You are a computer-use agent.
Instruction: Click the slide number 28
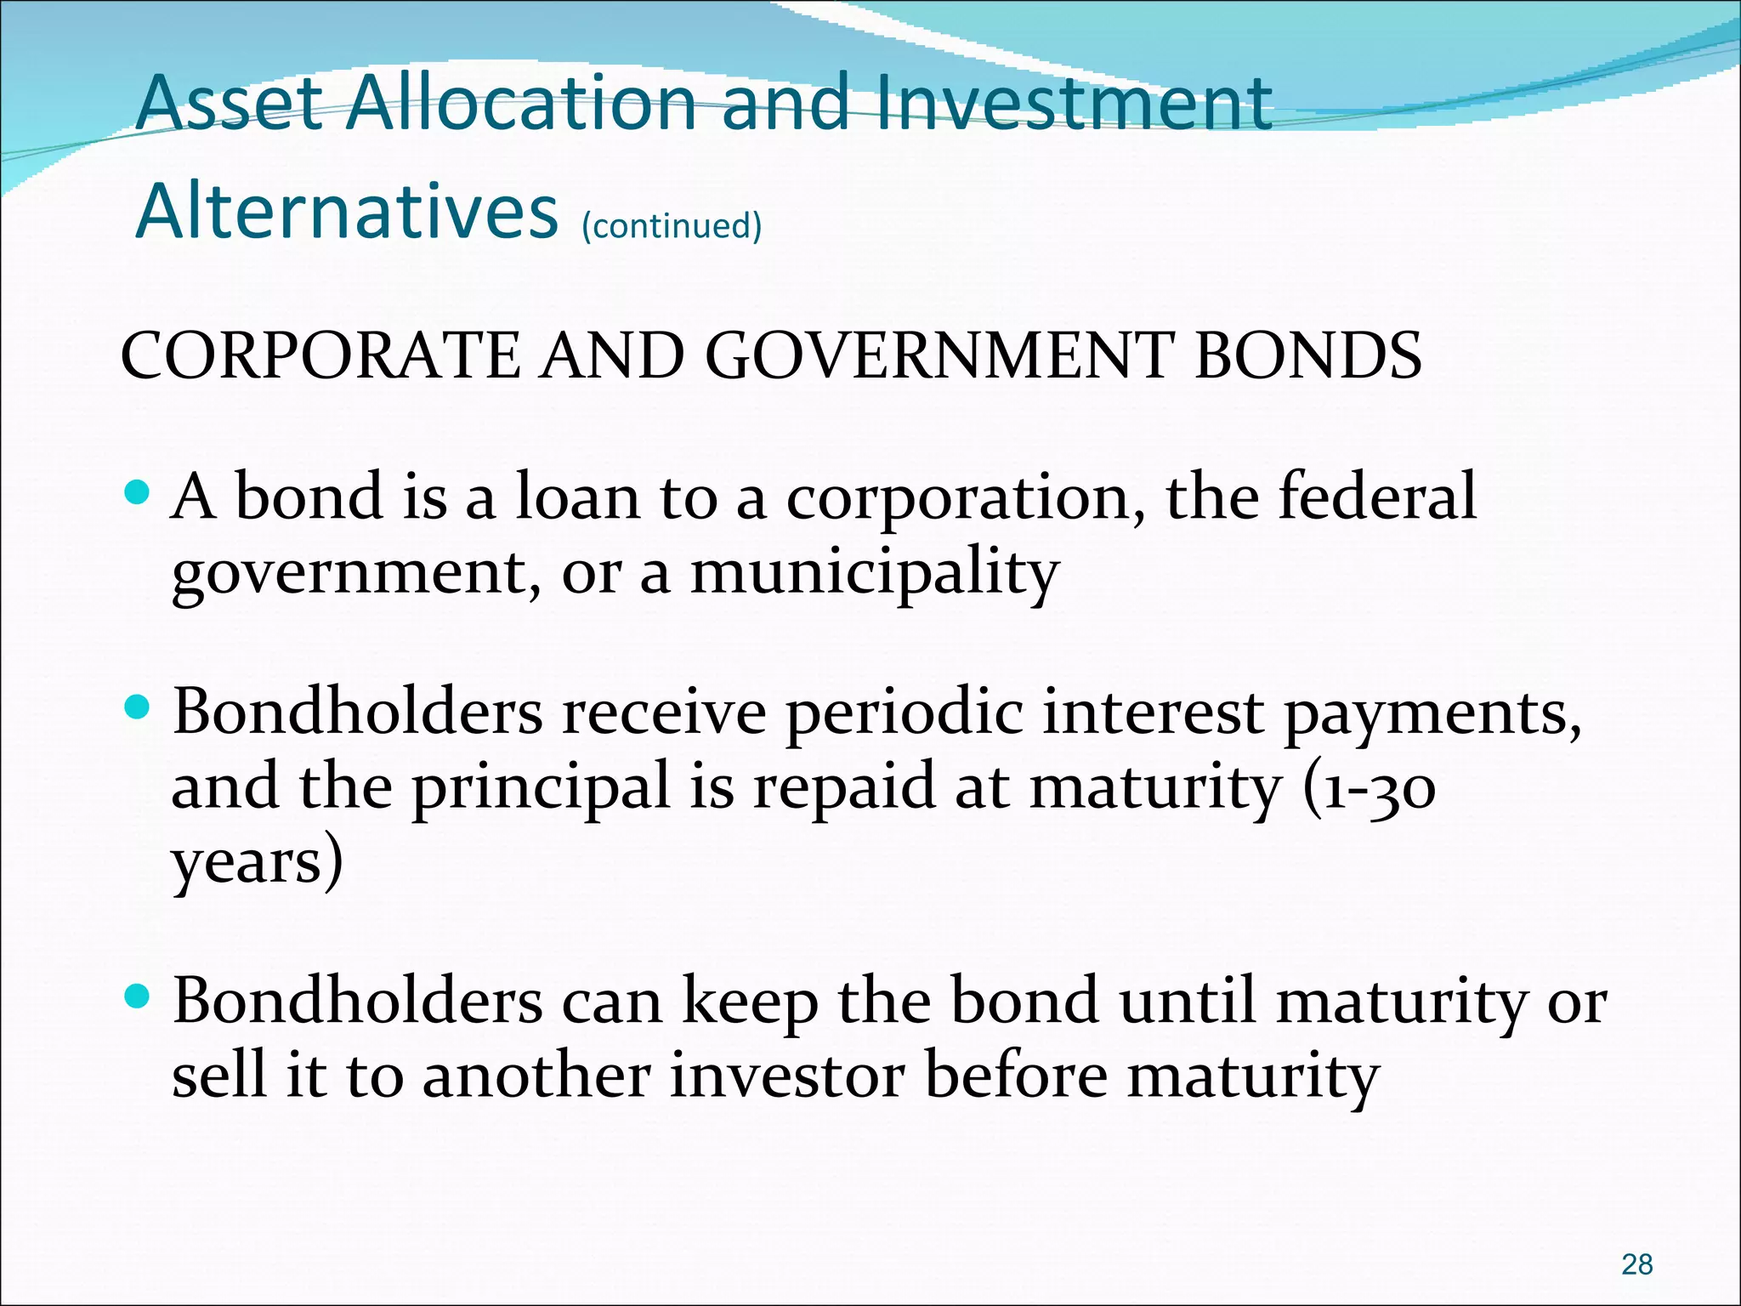(x=1636, y=1264)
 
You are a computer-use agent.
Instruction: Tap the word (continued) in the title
(x=672, y=226)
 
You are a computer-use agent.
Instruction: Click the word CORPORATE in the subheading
(x=320, y=355)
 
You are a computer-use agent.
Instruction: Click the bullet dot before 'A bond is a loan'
(x=136, y=492)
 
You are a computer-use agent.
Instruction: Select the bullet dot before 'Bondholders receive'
(x=136, y=707)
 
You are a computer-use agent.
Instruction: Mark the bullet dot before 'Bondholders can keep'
(x=136, y=996)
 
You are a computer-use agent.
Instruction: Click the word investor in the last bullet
(x=787, y=1076)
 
